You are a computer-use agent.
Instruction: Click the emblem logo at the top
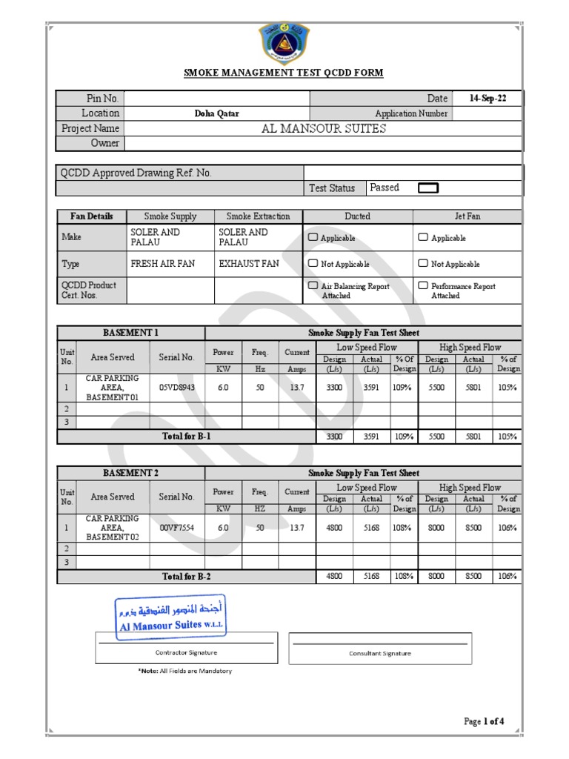284,42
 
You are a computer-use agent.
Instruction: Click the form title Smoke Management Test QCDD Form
284,73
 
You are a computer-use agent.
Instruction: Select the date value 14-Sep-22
488,99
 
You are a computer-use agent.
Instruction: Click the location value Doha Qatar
216,114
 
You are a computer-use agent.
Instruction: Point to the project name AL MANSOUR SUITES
324,128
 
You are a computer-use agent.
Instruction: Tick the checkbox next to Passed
428,188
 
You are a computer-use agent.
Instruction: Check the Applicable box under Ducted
313,237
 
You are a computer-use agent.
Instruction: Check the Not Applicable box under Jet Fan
423,263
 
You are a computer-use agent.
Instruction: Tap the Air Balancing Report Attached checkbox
313,285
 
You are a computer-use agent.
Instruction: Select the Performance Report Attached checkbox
423,285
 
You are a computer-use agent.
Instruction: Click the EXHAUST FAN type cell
249,263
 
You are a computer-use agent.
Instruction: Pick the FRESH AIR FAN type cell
162,263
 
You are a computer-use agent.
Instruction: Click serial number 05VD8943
177,387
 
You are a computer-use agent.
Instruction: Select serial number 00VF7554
177,527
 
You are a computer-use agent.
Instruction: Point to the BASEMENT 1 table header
130,333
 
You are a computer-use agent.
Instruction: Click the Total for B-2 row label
187,576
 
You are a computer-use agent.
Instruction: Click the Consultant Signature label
379,654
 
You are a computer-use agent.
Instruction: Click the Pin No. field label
102,99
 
